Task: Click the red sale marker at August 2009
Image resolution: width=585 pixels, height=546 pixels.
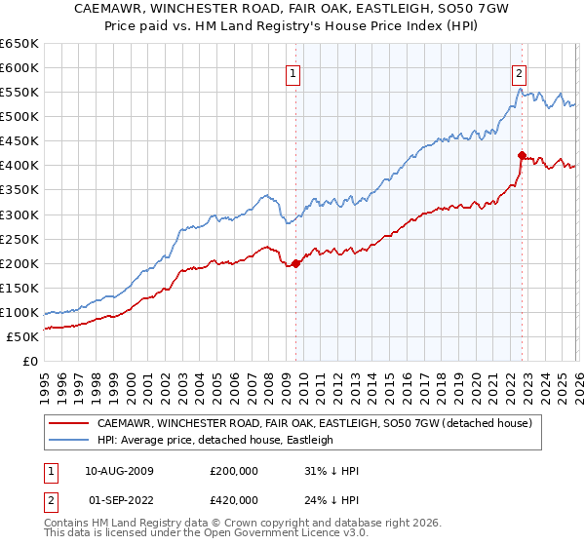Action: tap(296, 262)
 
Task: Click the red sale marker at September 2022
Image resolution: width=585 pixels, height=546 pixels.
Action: tap(522, 155)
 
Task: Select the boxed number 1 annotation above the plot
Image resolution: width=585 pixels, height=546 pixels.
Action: tap(293, 72)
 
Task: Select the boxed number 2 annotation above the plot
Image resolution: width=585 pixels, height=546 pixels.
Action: tap(519, 72)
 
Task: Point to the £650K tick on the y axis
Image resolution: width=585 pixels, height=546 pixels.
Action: tap(19, 44)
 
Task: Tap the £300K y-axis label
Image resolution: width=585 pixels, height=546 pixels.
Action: tap(19, 214)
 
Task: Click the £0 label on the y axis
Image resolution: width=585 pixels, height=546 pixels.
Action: tap(31, 362)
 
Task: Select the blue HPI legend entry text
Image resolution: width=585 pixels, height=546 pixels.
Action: tap(214, 440)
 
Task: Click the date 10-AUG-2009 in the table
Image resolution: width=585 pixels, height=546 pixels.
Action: tap(119, 470)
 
